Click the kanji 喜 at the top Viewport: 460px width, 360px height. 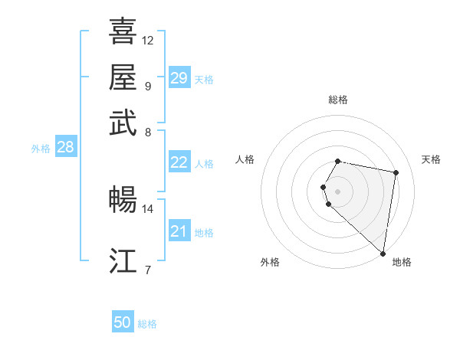(x=123, y=31)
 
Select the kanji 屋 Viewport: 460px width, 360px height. (x=123, y=77)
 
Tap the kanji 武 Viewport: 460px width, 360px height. (x=123, y=123)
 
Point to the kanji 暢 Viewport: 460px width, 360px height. (x=123, y=200)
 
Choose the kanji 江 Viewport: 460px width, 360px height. (x=123, y=261)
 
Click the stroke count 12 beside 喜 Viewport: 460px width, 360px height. (x=148, y=40)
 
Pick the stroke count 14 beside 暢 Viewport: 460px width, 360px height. (x=148, y=208)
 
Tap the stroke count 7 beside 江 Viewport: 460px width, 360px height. (x=147, y=270)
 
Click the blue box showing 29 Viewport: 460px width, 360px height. (x=179, y=78)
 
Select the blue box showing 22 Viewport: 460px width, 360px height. (x=179, y=162)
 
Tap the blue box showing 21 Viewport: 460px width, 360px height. (x=179, y=231)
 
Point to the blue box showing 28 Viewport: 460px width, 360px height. (x=65, y=147)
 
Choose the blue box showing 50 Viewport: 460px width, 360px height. (x=123, y=322)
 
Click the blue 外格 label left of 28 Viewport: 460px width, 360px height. (x=40, y=149)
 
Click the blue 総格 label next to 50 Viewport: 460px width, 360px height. (x=147, y=324)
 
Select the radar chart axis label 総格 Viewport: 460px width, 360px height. (x=337, y=100)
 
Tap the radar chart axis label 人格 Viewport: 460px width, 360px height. (x=245, y=159)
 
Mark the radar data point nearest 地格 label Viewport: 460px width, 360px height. (x=383, y=254)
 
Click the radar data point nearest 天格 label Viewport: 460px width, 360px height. (x=396, y=173)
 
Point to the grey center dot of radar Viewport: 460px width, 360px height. (x=337, y=190)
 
